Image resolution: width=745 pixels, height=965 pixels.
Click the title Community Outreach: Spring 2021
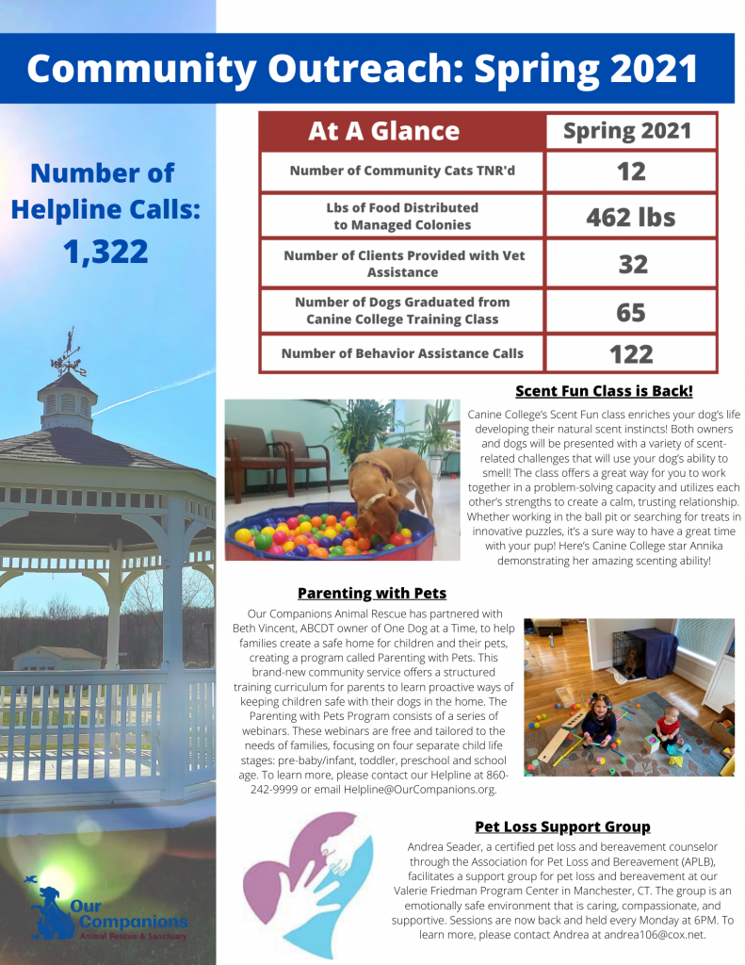click(x=363, y=69)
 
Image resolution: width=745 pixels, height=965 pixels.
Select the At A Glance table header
click(x=383, y=132)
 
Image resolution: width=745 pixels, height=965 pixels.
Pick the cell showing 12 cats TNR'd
click(x=631, y=172)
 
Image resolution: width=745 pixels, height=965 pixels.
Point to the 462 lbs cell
click(x=631, y=217)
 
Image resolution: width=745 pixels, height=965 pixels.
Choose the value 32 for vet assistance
click(x=631, y=263)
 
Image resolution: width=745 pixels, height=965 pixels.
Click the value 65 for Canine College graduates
click(x=631, y=311)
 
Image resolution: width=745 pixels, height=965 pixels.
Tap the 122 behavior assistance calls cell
click(x=631, y=354)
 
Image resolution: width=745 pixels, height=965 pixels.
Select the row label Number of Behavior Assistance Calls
click(x=402, y=354)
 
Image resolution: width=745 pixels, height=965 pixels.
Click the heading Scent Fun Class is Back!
click(x=604, y=391)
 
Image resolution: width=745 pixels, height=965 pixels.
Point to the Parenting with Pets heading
click(x=372, y=594)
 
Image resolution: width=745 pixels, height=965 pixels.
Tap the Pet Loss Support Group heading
click(x=562, y=826)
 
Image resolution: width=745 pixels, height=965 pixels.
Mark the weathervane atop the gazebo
click(x=68, y=353)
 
